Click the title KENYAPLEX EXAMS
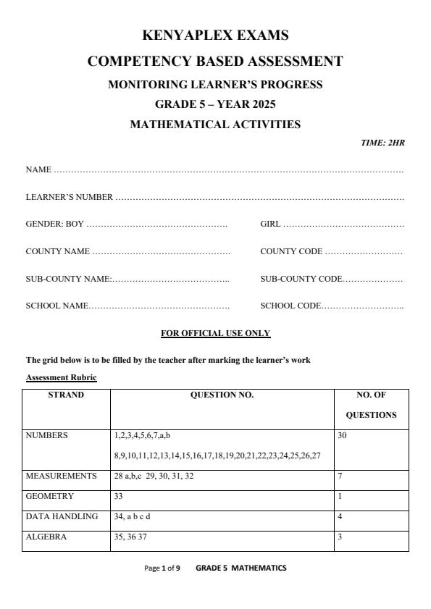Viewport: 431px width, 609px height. click(x=215, y=35)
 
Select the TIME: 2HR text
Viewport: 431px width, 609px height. click(x=382, y=143)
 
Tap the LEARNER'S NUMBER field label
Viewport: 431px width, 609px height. click(x=70, y=197)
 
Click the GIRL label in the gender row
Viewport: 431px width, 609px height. click(x=270, y=224)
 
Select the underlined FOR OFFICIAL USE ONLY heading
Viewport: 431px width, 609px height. click(x=215, y=334)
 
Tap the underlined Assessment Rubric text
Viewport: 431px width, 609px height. click(x=61, y=378)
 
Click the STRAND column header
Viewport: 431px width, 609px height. click(x=66, y=395)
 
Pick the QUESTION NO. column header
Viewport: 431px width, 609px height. click(x=222, y=395)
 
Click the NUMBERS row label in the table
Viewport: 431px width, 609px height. click(x=47, y=436)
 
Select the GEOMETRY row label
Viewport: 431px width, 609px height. click(x=50, y=497)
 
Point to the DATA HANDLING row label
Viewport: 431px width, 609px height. click(x=62, y=516)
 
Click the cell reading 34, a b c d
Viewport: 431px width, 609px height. click(x=133, y=516)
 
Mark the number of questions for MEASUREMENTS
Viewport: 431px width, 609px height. click(x=340, y=476)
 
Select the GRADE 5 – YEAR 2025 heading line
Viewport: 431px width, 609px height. click(x=215, y=104)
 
